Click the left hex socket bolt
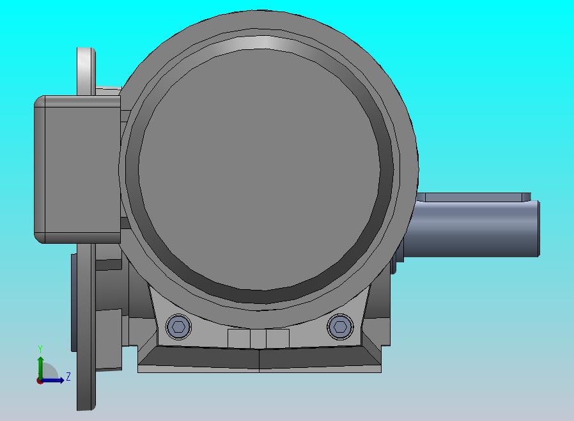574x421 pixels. [178, 326]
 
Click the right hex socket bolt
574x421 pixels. [341, 326]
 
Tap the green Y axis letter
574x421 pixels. [40, 349]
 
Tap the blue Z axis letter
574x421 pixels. [68, 376]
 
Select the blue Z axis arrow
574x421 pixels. [52, 381]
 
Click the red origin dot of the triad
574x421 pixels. [40, 381]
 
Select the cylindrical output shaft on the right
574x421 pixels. [472, 228]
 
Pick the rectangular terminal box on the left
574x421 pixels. [77, 170]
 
